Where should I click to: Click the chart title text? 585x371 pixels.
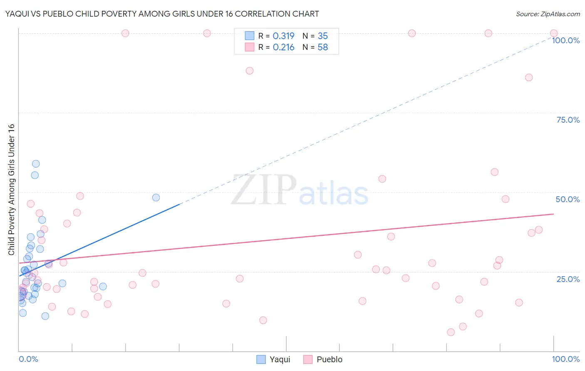click(x=162, y=14)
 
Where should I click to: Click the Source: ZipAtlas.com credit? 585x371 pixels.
click(x=548, y=14)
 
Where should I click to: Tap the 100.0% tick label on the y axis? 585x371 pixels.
click(x=565, y=40)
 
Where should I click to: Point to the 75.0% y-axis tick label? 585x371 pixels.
click(x=568, y=120)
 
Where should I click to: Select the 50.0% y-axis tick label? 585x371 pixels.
click(x=568, y=199)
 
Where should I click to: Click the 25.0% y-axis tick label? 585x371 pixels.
click(x=568, y=279)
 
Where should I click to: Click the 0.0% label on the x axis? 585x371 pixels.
click(x=28, y=359)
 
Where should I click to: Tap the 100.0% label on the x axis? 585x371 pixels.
click(x=565, y=359)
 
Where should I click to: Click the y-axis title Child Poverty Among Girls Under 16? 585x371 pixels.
click(x=11, y=190)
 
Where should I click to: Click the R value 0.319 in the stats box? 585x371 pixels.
click(x=283, y=36)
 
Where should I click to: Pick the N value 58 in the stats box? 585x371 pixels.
click(x=322, y=47)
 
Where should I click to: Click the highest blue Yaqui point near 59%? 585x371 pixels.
click(x=36, y=164)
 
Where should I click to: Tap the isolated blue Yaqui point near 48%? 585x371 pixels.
click(x=156, y=198)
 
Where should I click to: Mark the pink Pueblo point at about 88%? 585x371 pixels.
click(x=250, y=71)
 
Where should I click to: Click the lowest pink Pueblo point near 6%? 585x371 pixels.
click(x=451, y=332)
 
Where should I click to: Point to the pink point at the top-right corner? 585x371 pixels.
click(x=554, y=33)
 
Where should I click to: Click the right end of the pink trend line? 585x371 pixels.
click(x=553, y=214)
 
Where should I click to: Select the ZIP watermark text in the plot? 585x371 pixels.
click(x=264, y=190)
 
